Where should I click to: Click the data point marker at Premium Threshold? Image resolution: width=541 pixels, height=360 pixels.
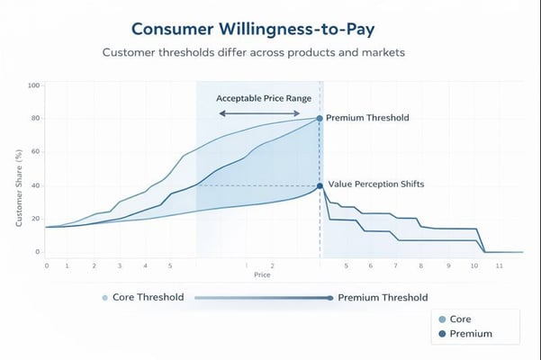pos(320,118)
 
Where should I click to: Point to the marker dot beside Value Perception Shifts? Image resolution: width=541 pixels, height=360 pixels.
pos(320,186)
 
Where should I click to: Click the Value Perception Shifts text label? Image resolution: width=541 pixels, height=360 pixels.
pos(375,184)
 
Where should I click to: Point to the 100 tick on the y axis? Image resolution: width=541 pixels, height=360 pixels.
pos(34,85)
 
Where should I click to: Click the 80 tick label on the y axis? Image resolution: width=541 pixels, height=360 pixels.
pos(35,119)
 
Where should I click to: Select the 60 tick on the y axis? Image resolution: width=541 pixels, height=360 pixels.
pos(35,152)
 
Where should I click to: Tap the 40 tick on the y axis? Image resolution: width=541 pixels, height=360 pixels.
pos(35,185)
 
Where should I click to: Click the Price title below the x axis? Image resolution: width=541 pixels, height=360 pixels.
pos(262,274)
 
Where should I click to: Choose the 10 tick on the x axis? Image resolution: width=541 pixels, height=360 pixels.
pos(474,265)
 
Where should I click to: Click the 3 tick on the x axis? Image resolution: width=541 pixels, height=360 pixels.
pos(119,265)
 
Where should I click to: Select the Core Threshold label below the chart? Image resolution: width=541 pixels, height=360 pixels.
pos(149,298)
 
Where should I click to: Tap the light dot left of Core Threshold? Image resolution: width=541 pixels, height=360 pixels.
pos(104,298)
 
